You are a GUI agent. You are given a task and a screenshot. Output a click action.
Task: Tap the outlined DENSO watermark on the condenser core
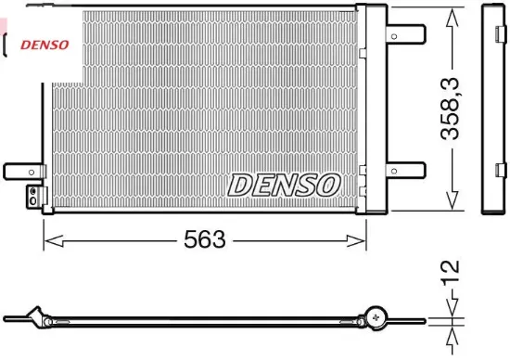click(x=284, y=185)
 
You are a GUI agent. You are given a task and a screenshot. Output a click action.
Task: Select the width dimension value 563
click(x=204, y=239)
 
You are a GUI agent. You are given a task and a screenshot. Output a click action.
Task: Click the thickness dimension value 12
click(x=451, y=272)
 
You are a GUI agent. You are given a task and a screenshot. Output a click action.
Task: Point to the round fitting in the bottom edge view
click(x=376, y=317)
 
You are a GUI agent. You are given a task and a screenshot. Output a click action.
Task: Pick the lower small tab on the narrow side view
click(x=502, y=171)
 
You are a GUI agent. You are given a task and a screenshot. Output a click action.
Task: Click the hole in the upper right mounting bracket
click(x=395, y=38)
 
